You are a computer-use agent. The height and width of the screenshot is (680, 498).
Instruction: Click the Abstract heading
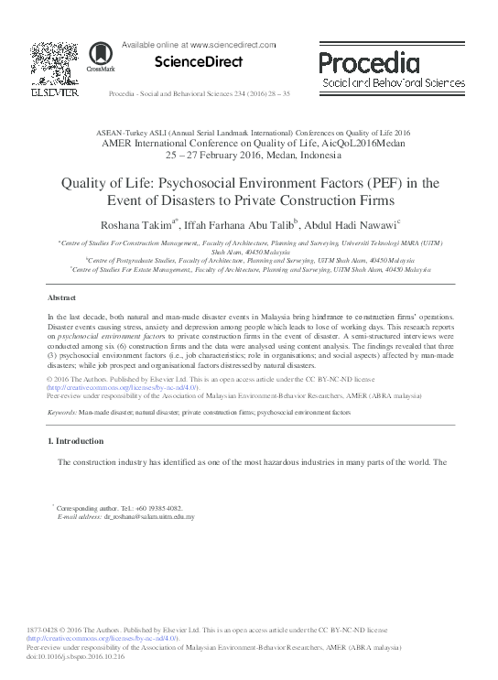(61, 298)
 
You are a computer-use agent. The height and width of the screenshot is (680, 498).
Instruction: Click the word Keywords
(61, 413)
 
